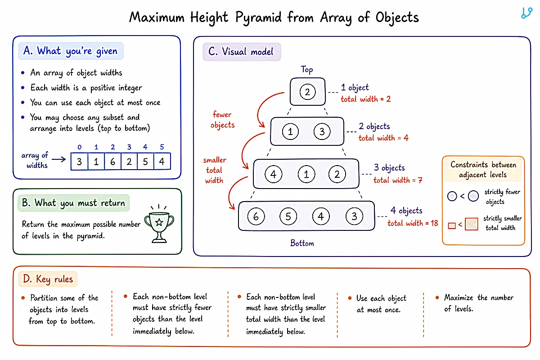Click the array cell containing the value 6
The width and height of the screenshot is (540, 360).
(112, 162)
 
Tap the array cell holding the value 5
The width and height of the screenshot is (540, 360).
(145, 162)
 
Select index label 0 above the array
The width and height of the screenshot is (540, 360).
(80, 147)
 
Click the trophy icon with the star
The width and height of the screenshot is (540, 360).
(159, 224)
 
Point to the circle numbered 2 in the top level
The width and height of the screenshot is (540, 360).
(307, 92)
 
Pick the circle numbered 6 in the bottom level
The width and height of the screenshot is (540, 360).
(256, 216)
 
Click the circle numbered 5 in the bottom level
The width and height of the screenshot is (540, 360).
(288, 216)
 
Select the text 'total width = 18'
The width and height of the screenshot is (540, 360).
(413, 223)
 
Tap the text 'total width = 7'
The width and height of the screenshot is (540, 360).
(398, 180)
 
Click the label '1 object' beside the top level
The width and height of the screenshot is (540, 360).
(355, 88)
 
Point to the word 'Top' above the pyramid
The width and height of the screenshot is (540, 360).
(307, 70)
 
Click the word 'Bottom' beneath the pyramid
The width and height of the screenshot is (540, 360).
(302, 243)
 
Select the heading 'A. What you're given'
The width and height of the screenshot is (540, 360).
(71, 51)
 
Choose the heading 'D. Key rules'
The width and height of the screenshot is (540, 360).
(48, 279)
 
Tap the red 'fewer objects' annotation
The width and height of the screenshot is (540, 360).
(222, 120)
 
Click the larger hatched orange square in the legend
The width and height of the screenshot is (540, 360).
(471, 224)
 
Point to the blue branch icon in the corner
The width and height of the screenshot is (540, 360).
(526, 13)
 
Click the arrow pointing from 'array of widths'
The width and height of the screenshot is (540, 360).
(59, 159)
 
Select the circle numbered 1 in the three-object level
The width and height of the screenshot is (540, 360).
(306, 174)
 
